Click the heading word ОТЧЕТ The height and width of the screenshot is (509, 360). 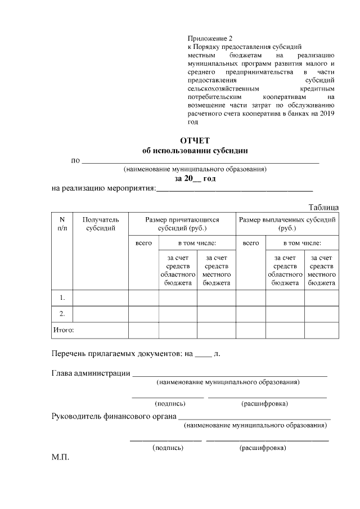coord(195,141)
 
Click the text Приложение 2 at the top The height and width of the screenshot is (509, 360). coord(209,38)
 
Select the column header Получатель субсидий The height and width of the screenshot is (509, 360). coord(101,224)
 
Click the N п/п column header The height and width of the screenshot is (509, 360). coord(62,224)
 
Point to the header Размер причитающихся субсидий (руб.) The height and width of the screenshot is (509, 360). coord(182,224)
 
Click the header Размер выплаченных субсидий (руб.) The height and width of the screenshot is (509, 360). coord(287,224)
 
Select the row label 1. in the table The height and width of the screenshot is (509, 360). coord(62,297)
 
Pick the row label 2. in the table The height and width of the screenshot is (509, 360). coord(62,313)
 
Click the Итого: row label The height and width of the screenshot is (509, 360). coord(64,330)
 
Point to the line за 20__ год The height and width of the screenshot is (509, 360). coord(195,178)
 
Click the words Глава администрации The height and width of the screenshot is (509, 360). coord(91,373)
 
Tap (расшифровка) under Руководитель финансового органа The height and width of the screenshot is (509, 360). coord(262,448)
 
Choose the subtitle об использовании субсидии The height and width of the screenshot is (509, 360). coord(195,151)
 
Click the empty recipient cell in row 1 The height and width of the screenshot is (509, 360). coord(101,297)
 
